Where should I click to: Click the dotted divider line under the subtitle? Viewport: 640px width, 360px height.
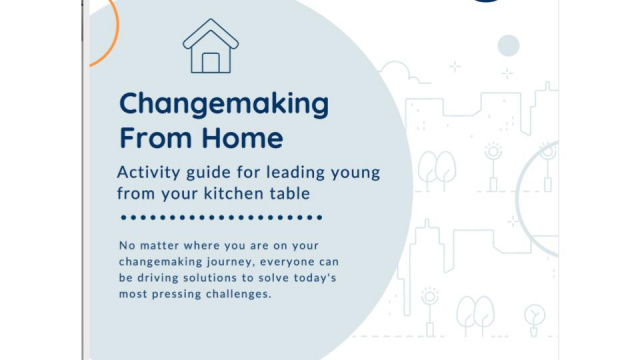click(x=220, y=216)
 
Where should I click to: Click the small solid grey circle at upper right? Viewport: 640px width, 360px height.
click(x=508, y=45)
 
